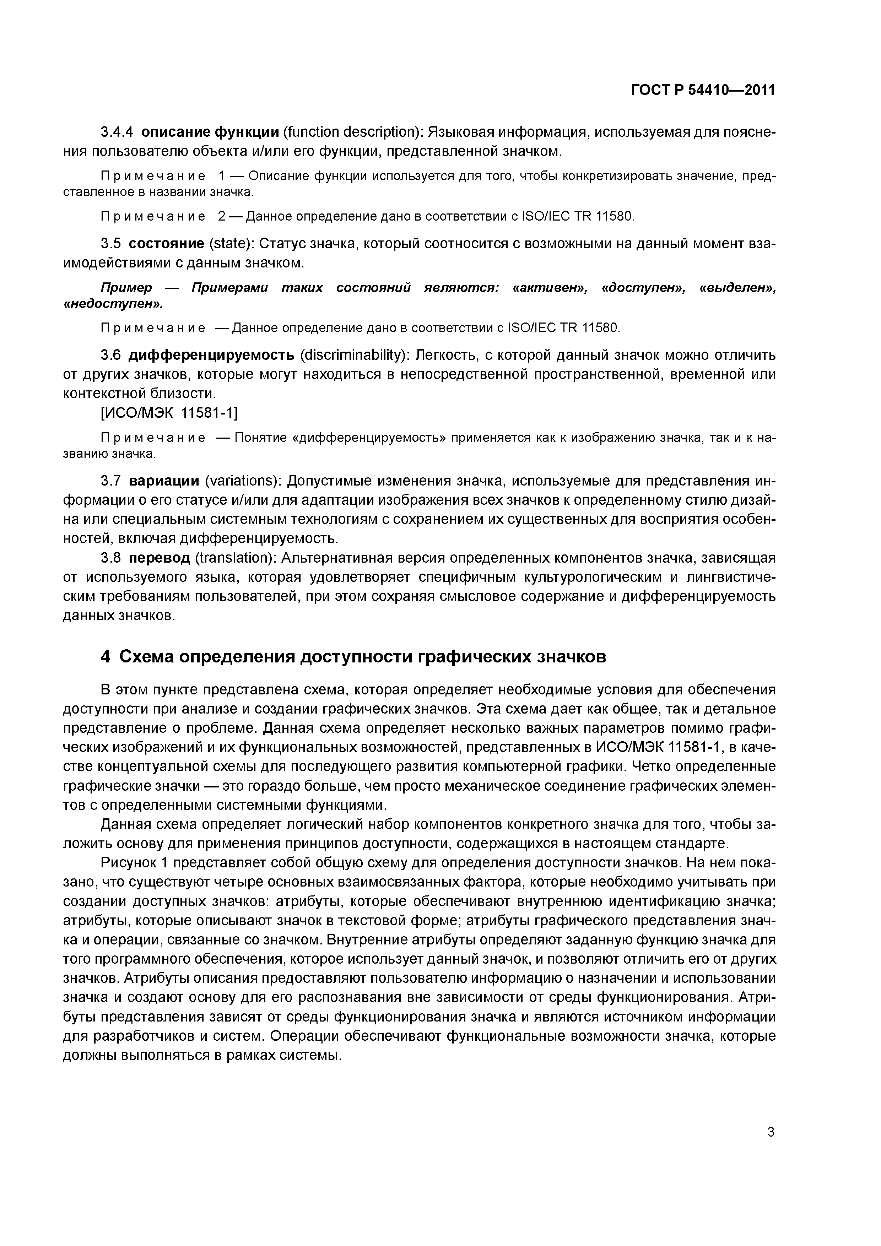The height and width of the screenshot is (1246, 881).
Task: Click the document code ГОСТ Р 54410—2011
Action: tap(702, 90)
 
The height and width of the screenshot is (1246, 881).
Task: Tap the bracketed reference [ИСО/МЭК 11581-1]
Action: tap(169, 413)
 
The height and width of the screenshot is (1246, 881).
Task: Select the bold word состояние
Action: tap(167, 244)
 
